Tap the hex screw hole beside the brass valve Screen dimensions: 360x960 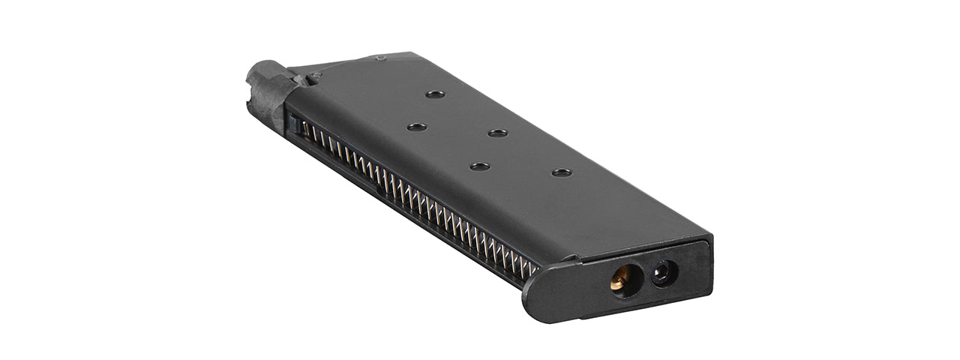click(663, 274)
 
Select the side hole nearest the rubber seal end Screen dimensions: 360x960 click(434, 94)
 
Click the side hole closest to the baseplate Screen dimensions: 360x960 click(561, 172)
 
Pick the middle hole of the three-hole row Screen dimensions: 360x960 click(497, 133)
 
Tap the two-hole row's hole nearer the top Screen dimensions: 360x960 click(417, 127)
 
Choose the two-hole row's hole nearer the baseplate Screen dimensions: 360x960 click(480, 166)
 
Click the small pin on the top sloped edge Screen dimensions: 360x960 click(380, 58)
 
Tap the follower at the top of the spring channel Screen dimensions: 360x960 click(298, 126)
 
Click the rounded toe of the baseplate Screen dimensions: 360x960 click(534, 300)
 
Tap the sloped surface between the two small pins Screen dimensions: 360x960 click(349, 65)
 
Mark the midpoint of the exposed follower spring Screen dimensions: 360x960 click(416, 199)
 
